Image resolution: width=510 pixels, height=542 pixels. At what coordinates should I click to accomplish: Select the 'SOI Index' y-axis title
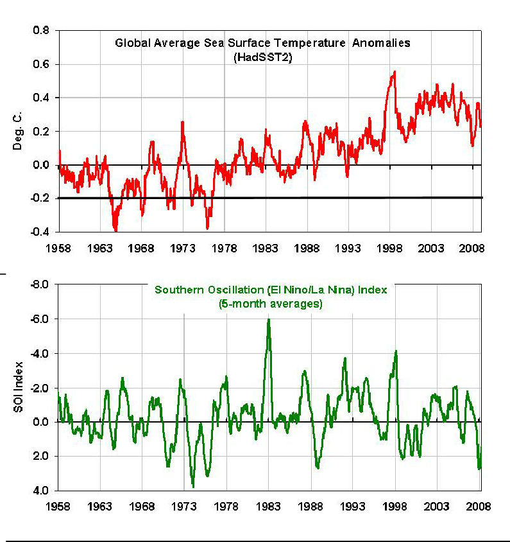[19, 389]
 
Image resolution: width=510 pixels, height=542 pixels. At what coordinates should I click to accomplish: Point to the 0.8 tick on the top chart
[40, 31]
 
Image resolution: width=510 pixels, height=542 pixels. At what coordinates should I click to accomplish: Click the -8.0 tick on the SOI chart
[39, 284]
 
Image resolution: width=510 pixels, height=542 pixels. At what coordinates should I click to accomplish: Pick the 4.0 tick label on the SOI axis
[40, 491]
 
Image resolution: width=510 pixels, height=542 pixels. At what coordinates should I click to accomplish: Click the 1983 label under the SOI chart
[269, 505]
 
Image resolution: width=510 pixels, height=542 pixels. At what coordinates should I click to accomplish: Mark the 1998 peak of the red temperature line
[394, 72]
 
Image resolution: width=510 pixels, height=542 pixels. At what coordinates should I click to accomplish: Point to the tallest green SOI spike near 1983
[269, 319]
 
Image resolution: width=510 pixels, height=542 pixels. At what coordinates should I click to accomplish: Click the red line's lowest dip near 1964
[115, 230]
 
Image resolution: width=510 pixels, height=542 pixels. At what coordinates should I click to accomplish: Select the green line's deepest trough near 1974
[193, 486]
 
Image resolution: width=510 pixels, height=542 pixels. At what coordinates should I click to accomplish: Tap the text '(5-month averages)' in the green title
[270, 304]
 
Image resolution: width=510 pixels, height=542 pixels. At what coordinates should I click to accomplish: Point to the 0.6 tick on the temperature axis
[40, 64]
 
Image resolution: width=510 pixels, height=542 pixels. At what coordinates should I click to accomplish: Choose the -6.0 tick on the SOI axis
[39, 319]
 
